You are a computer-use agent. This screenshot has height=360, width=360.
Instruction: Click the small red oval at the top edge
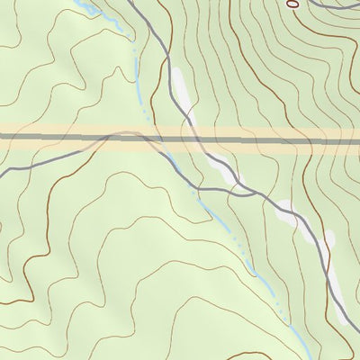292,4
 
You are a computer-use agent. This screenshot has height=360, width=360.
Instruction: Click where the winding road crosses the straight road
192,138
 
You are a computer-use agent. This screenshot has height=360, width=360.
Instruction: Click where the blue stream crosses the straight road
144,138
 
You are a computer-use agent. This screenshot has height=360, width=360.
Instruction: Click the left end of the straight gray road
3,137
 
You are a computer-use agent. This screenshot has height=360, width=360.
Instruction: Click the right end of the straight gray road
357,137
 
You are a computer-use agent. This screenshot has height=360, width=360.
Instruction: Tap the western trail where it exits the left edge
2,169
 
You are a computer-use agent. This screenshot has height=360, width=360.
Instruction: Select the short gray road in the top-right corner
333,4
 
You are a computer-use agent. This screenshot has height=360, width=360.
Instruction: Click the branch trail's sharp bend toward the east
193,187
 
